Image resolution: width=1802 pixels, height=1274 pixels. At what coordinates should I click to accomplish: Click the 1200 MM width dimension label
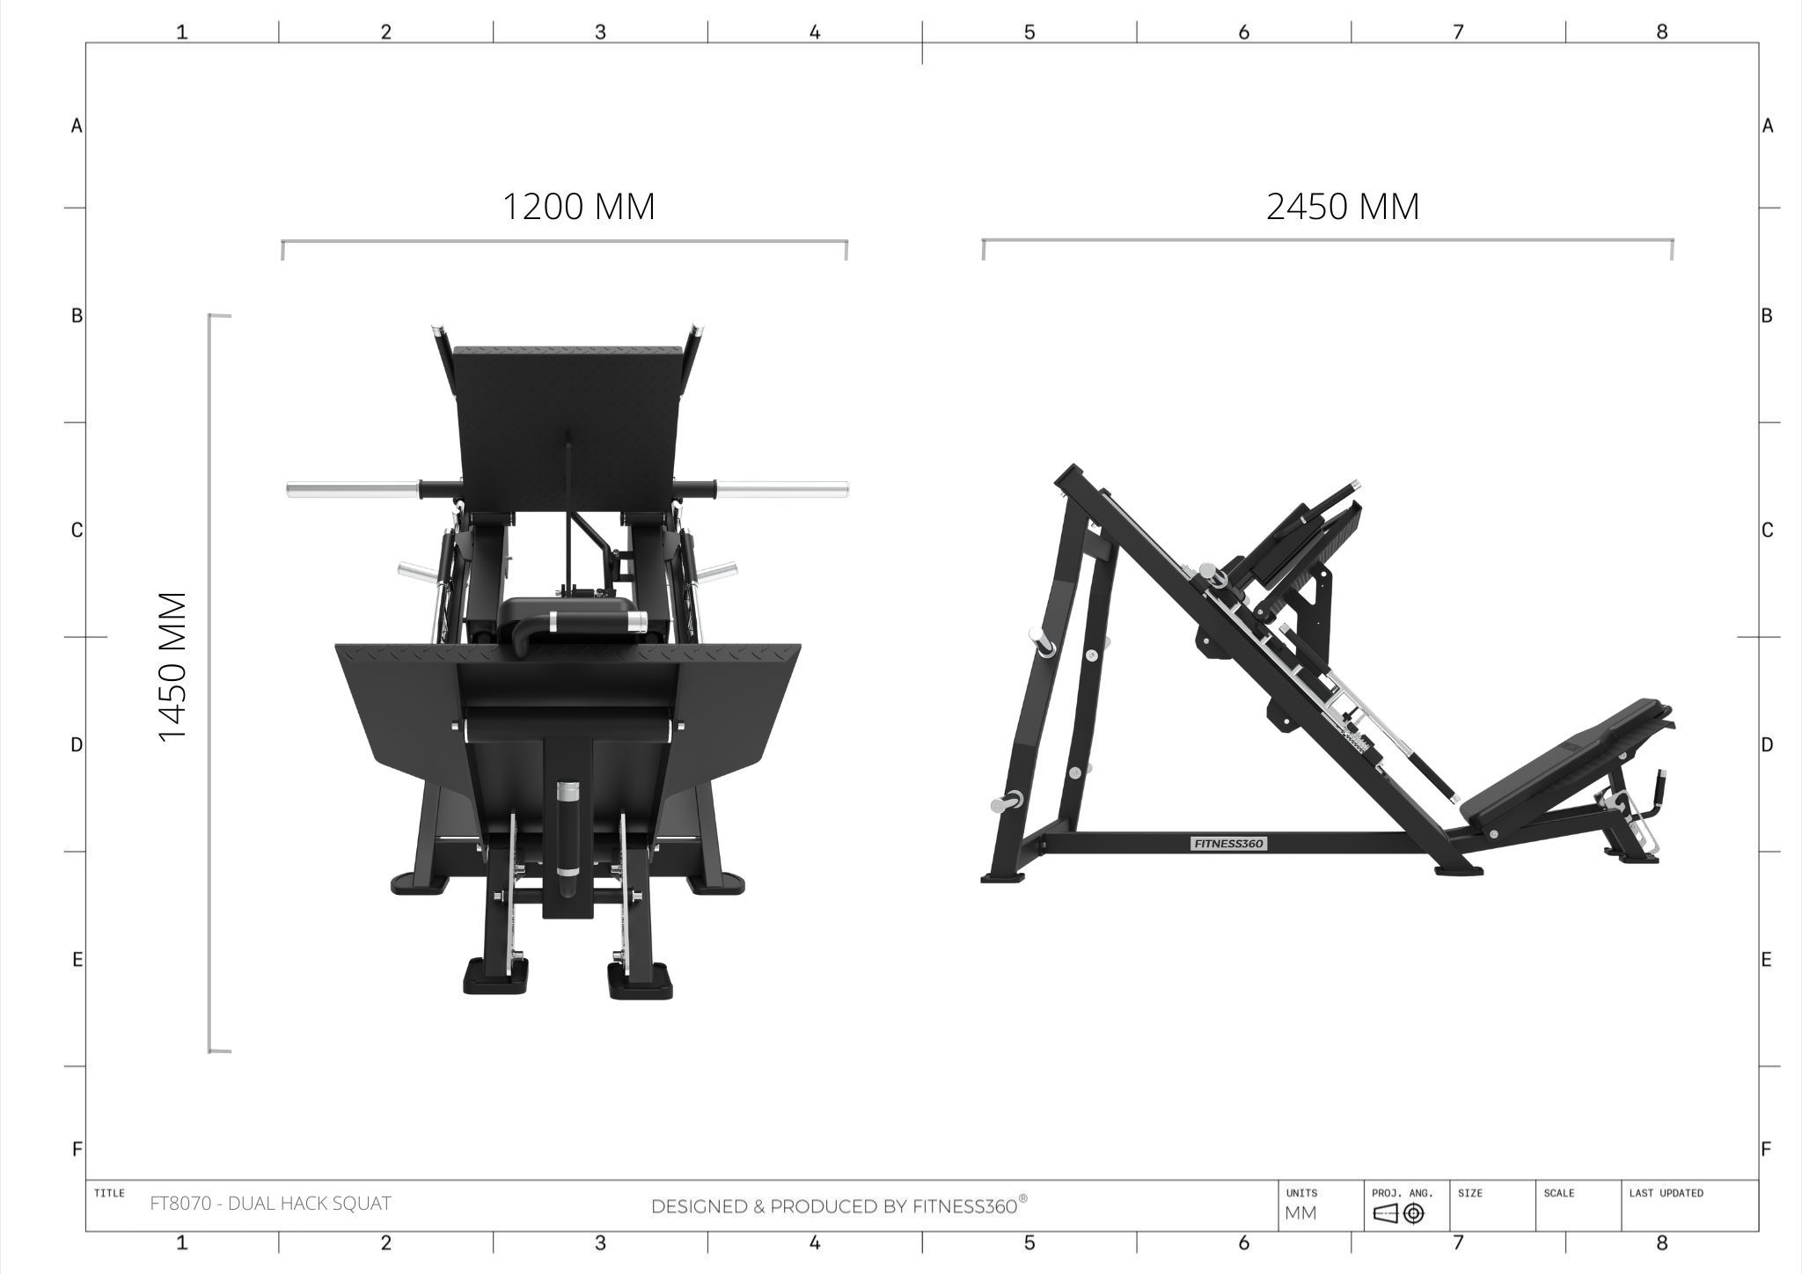tap(578, 207)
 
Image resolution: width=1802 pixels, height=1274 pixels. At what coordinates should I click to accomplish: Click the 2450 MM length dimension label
tap(1343, 207)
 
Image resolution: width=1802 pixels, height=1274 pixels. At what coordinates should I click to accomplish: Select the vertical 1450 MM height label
tap(173, 667)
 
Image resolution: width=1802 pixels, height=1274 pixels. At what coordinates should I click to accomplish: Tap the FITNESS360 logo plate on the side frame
tap(1228, 844)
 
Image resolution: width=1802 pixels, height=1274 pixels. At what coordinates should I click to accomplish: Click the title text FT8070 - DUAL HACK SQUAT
tap(270, 1204)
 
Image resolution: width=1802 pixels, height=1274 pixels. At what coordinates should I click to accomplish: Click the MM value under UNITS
tap(1301, 1213)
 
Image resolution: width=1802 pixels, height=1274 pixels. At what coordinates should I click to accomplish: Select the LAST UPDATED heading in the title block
tap(1666, 1193)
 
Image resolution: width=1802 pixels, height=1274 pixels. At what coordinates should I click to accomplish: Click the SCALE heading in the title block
tap(1558, 1193)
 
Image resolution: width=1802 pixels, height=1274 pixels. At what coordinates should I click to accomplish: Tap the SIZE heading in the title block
tap(1469, 1193)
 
